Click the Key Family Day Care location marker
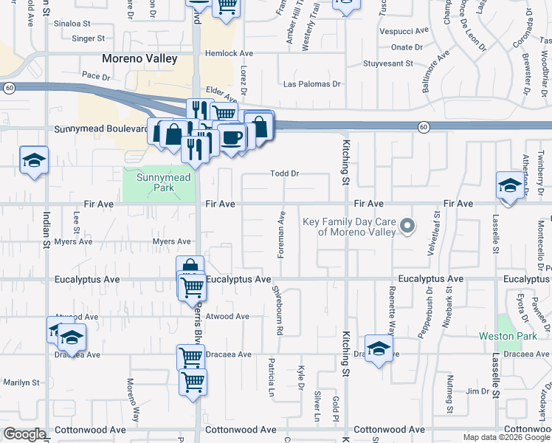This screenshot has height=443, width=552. pyautogui.click(x=406, y=225)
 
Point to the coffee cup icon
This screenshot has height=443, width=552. pyautogui.click(x=232, y=137)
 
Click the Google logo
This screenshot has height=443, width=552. pyautogui.click(x=24, y=434)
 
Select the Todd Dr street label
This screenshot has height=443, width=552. pyautogui.click(x=284, y=174)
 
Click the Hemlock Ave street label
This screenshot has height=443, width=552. pyautogui.click(x=230, y=53)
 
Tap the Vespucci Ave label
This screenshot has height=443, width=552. pyautogui.click(x=404, y=32)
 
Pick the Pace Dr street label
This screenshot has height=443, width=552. pyautogui.click(x=96, y=75)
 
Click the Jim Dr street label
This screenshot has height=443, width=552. pyautogui.click(x=474, y=391)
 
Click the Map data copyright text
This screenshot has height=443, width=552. pyautogui.click(x=506, y=437)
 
